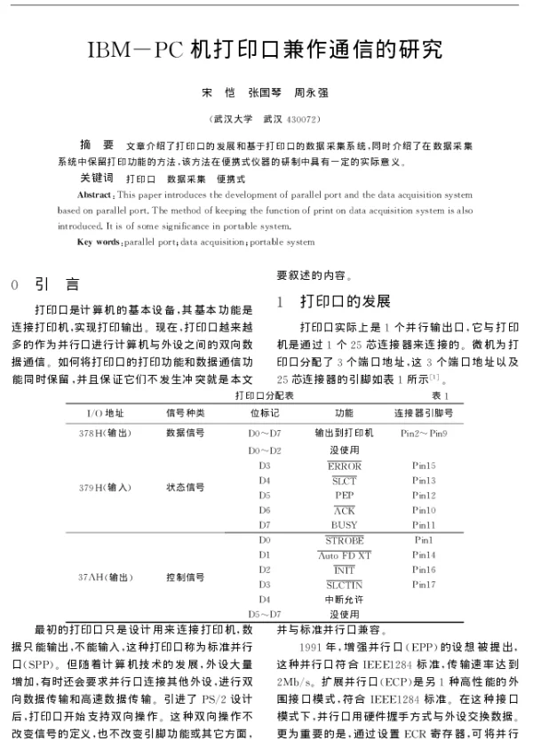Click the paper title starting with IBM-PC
pyautogui.click(x=266, y=49)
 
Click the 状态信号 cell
pyautogui.click(x=185, y=487)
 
